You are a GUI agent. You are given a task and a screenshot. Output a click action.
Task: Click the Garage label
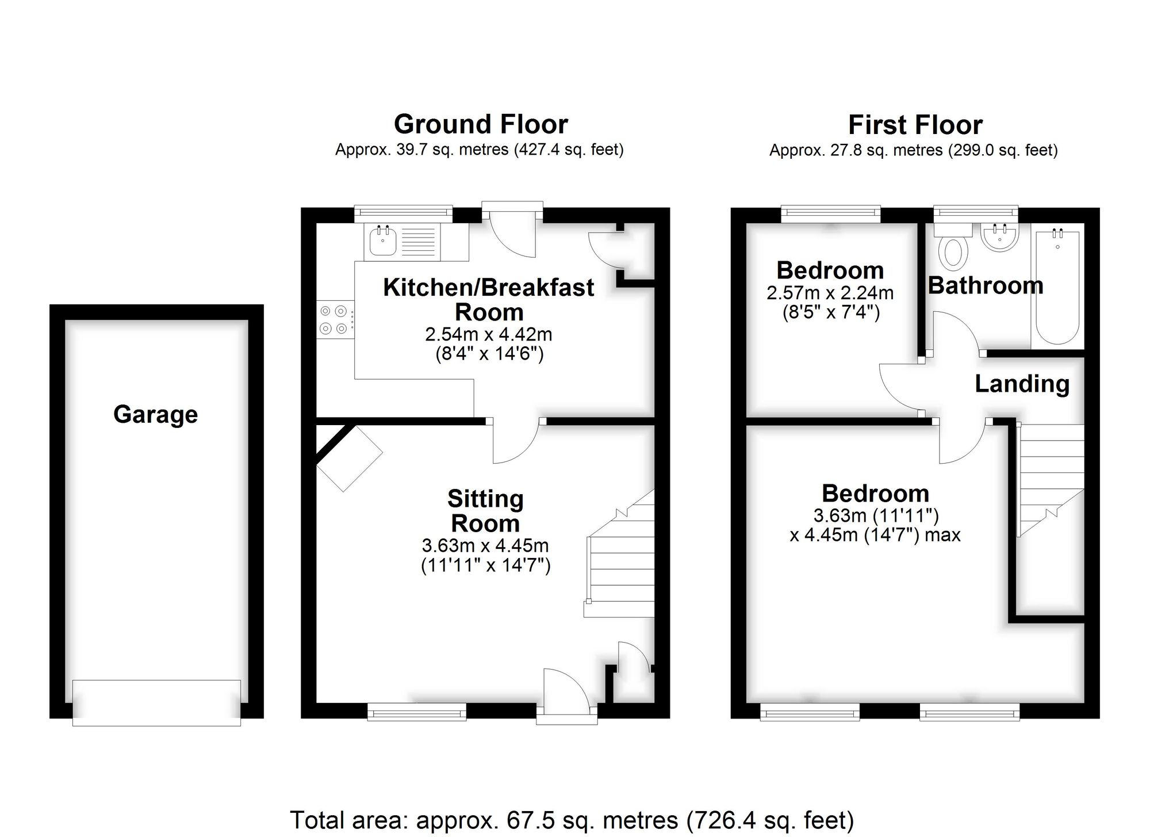pyautogui.click(x=155, y=414)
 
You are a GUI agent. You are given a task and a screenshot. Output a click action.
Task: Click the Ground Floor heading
pyautogui.click(x=481, y=124)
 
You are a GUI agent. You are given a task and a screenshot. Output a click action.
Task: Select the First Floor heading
pyautogui.click(x=915, y=125)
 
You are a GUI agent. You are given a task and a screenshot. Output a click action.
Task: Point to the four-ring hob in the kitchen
pyautogui.click(x=334, y=320)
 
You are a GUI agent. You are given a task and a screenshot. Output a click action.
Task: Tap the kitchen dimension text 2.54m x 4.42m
pyautogui.click(x=488, y=334)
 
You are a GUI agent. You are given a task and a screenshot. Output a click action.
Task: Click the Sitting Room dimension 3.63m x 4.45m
pyautogui.click(x=485, y=545)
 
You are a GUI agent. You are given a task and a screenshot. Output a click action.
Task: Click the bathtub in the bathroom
pyautogui.click(x=1057, y=288)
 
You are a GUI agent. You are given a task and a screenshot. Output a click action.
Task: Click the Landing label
pyautogui.click(x=1022, y=384)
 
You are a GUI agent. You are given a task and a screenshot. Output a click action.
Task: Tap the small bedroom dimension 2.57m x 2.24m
pyautogui.click(x=830, y=293)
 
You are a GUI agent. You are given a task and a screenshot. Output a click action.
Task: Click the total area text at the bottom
pyautogui.click(x=572, y=820)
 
